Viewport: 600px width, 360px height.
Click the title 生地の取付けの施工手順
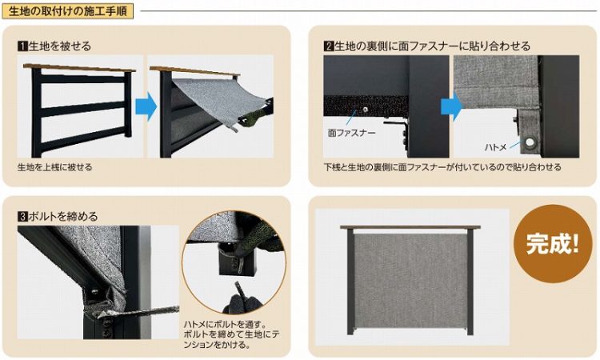[x=67, y=10]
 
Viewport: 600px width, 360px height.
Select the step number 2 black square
[x=329, y=46]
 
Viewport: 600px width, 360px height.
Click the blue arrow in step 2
[x=451, y=106]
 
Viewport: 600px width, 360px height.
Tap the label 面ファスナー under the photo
[x=351, y=133]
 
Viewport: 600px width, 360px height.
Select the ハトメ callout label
[x=495, y=147]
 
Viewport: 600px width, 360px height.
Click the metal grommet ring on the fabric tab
[x=530, y=142]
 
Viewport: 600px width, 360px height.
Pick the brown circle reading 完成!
[x=553, y=244]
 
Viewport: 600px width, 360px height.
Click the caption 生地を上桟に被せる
[x=54, y=167]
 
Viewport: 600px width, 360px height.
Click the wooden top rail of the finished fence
[x=410, y=227]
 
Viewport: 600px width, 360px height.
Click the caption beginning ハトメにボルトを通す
[x=231, y=334]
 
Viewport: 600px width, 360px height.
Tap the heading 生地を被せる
[x=60, y=46]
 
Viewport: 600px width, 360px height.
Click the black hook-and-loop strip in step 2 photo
[x=366, y=106]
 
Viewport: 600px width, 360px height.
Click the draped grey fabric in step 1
[x=216, y=100]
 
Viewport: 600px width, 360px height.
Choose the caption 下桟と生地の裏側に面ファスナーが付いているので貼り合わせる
[x=442, y=167]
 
